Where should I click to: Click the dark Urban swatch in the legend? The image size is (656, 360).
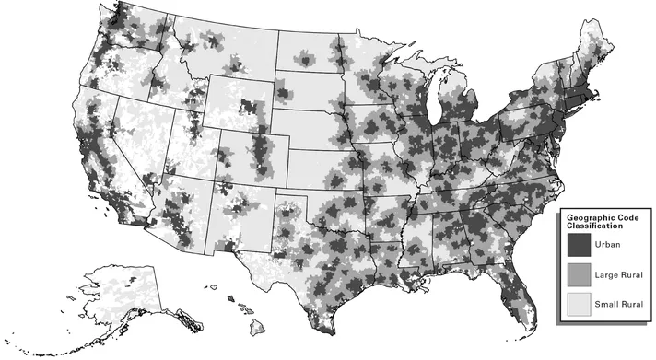coord(579,245)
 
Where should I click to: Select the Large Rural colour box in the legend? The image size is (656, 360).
coord(579,274)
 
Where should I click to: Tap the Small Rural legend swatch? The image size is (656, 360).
coord(579,303)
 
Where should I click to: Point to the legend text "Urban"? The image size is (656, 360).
coord(609,245)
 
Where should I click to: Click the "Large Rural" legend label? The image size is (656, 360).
coord(619,274)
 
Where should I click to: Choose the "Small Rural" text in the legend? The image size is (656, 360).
coord(619,304)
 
